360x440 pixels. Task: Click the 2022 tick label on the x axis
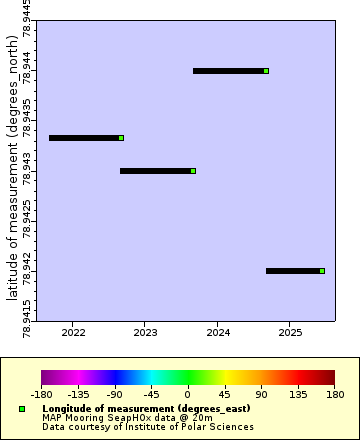point(73,332)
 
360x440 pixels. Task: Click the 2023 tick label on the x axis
point(145,332)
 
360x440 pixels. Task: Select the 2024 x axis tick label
point(218,332)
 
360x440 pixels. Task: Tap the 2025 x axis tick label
point(290,332)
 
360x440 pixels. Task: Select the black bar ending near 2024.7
point(229,71)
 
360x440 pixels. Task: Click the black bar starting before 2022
point(84,138)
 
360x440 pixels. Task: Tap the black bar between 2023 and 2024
point(156,171)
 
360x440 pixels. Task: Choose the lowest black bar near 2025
point(293,271)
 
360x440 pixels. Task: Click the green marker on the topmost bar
point(266,71)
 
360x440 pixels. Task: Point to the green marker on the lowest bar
point(322,271)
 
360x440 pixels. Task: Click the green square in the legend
point(22,409)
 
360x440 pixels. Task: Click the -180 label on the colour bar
point(42,394)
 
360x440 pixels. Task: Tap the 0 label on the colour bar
point(188,394)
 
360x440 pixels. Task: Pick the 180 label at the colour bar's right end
point(333,394)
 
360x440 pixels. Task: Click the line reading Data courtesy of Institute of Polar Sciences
point(148,427)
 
